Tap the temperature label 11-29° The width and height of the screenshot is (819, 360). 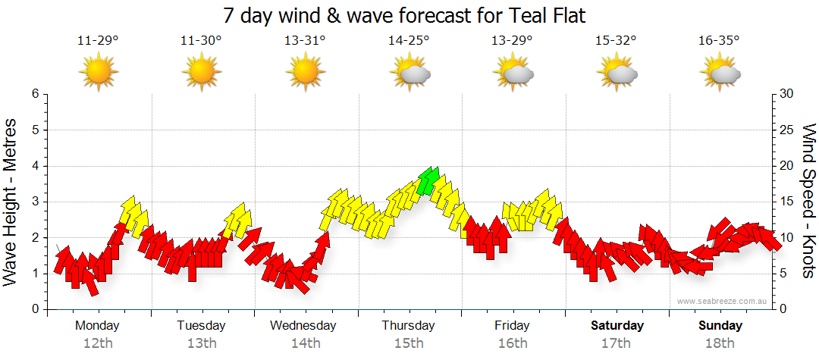click(x=98, y=41)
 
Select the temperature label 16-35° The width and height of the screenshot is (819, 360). click(x=719, y=41)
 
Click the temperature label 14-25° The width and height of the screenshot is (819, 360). click(x=409, y=41)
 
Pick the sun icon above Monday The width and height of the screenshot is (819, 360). click(x=99, y=73)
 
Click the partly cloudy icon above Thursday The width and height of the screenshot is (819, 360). click(x=409, y=74)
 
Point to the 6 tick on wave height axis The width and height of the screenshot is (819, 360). click(x=34, y=94)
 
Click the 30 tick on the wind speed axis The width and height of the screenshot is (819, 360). click(x=787, y=94)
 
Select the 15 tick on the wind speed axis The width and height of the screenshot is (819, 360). click(x=787, y=202)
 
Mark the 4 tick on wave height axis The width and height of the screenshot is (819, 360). click(x=34, y=166)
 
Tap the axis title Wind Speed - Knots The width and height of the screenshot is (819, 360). click(x=808, y=202)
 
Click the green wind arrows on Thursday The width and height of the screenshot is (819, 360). click(x=428, y=181)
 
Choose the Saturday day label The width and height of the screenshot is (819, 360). click(x=617, y=326)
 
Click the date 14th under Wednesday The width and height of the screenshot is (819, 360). click(x=305, y=343)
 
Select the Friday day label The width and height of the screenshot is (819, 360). click(x=513, y=326)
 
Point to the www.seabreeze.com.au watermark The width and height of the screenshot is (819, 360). click(x=723, y=301)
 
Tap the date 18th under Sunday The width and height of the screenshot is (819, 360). click(x=720, y=343)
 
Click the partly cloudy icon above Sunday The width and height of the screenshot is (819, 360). click(x=720, y=74)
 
